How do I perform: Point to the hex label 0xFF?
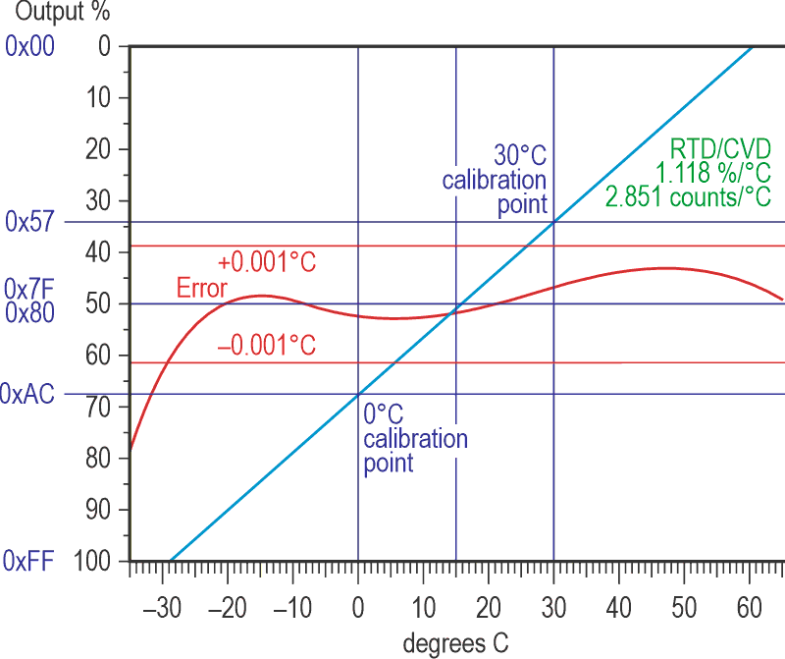(28, 561)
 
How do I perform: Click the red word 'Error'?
(201, 289)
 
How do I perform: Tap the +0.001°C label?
(268, 262)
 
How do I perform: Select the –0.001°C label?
(266, 345)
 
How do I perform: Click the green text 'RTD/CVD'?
(720, 149)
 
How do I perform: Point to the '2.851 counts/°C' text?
(688, 196)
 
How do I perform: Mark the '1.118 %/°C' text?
(713, 173)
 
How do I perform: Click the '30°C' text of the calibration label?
(519, 156)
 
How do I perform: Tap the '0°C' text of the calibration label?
(383, 413)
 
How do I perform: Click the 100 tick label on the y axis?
(100, 561)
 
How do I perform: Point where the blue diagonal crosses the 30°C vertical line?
(553, 223)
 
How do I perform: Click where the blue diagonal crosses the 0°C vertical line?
(358, 395)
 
